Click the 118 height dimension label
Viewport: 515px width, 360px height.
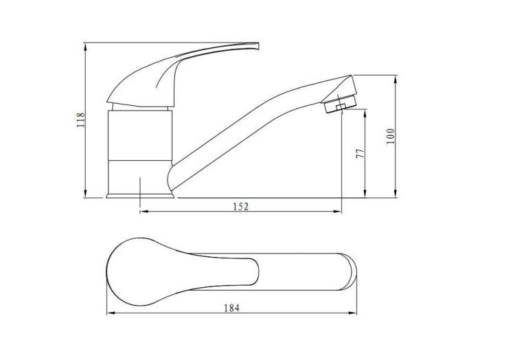[x=81, y=120]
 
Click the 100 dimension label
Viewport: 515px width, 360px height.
[x=390, y=136]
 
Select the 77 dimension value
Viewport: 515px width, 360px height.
[x=360, y=153]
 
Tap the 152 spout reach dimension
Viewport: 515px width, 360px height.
[x=241, y=207]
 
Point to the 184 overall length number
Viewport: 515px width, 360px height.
[x=232, y=308]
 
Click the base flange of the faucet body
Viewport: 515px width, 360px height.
[x=140, y=196]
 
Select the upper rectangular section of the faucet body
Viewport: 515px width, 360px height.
[x=140, y=135]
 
